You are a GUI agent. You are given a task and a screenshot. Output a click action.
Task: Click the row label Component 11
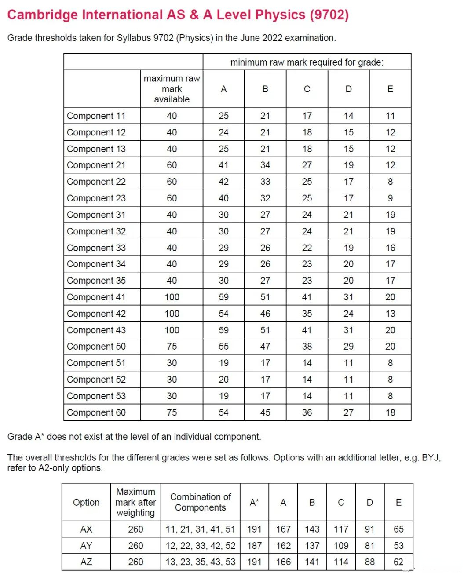pyautogui.click(x=96, y=116)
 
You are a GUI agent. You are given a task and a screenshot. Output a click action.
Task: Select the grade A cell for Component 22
pyautogui.click(x=223, y=182)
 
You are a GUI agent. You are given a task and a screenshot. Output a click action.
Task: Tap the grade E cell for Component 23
pyautogui.click(x=390, y=198)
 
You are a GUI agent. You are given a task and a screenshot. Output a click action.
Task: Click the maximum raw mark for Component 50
pyautogui.click(x=172, y=347)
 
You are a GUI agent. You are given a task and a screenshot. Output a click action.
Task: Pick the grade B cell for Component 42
pyautogui.click(x=265, y=314)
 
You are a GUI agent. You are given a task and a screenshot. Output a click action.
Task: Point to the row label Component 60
pyautogui.click(x=96, y=412)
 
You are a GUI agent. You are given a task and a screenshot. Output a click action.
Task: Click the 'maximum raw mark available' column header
pyautogui.click(x=172, y=89)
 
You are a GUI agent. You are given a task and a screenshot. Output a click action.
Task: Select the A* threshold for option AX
pyautogui.click(x=254, y=529)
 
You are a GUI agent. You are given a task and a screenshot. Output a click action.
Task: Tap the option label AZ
pyautogui.click(x=86, y=562)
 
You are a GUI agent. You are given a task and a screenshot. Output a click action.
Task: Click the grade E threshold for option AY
pyautogui.click(x=398, y=546)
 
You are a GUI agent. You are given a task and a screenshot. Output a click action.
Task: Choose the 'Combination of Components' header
pyautogui.click(x=201, y=502)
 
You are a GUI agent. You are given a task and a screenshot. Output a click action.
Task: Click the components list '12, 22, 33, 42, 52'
pyautogui.click(x=201, y=546)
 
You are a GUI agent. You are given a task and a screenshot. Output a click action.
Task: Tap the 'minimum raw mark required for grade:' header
pyautogui.click(x=307, y=62)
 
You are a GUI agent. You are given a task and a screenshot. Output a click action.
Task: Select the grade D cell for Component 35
pyautogui.click(x=348, y=281)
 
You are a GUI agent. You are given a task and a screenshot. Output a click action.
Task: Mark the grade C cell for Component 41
pyautogui.click(x=307, y=297)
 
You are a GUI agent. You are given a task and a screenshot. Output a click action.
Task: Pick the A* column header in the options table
pyautogui.click(x=254, y=502)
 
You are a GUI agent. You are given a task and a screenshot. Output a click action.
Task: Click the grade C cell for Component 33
pyautogui.click(x=307, y=248)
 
